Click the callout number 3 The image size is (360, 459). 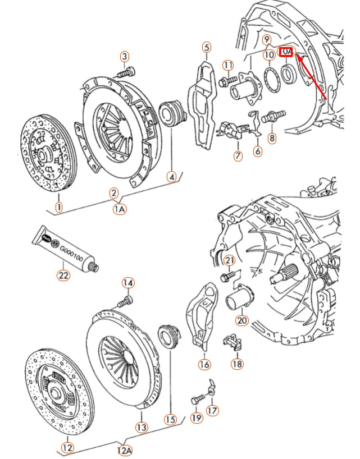pyautogui.click(x=125, y=56)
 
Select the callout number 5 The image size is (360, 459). pyautogui.click(x=207, y=47)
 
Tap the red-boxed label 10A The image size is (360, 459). pyautogui.click(x=286, y=52)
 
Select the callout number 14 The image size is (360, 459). pyautogui.click(x=128, y=282)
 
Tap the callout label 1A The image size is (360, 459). pyautogui.click(x=120, y=209)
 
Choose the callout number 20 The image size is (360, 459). pyautogui.click(x=241, y=320)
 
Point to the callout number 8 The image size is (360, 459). pyautogui.click(x=272, y=138)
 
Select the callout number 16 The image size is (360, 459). pyautogui.click(x=204, y=364)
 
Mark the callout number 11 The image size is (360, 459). pyautogui.click(x=227, y=66)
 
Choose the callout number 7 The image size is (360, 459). pyautogui.click(x=238, y=155)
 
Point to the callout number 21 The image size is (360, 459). pyautogui.click(x=229, y=260)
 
